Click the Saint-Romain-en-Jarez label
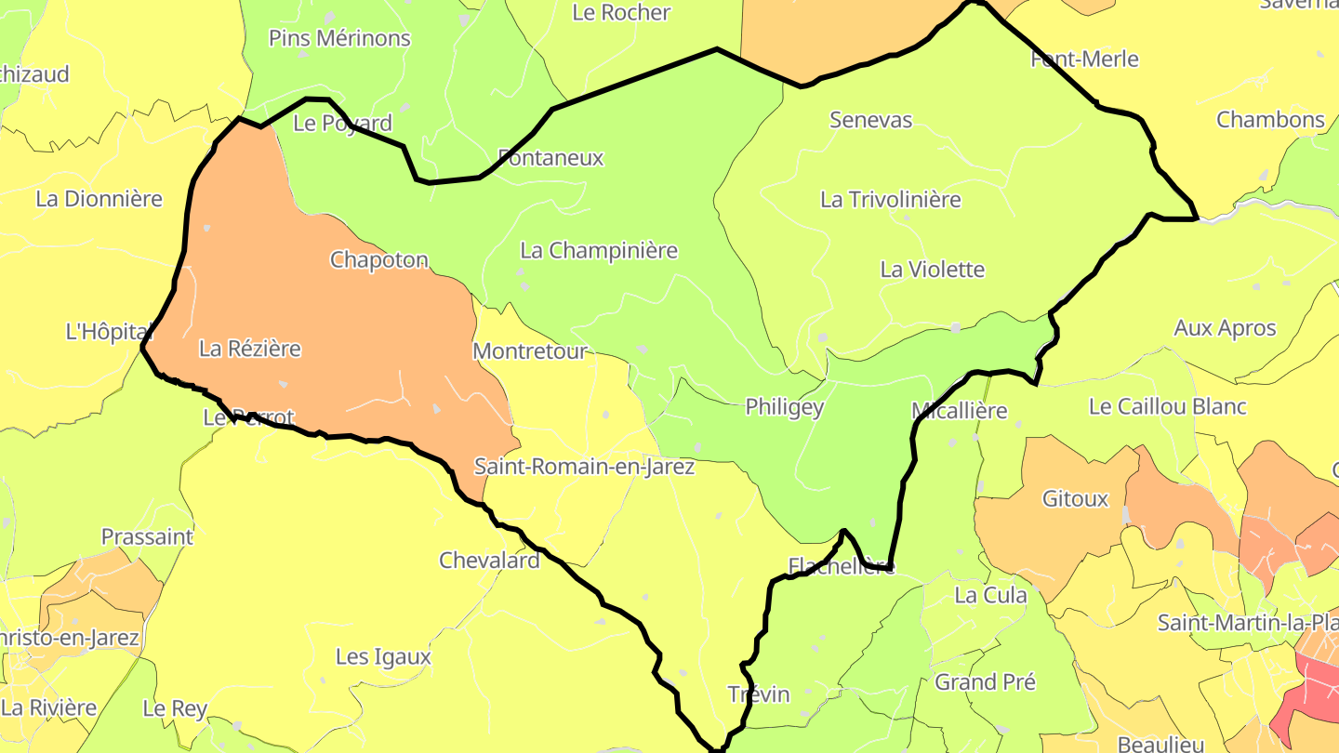tap(584, 467)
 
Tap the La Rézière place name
tap(250, 349)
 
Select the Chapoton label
tap(379, 260)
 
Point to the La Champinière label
tap(599, 251)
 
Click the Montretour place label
tap(530, 351)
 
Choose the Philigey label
tap(785, 407)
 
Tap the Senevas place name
tap(870, 120)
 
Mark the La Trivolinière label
tap(890, 200)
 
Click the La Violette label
tap(932, 270)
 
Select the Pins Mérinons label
tap(339, 38)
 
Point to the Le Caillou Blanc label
tap(1167, 407)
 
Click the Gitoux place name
tap(1075, 499)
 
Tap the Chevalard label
tap(489, 561)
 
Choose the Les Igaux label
tap(383, 657)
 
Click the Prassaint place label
tap(147, 537)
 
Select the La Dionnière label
tap(99, 199)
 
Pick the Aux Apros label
tap(1225, 328)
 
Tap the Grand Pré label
tap(985, 682)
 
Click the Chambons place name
tap(1270, 120)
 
